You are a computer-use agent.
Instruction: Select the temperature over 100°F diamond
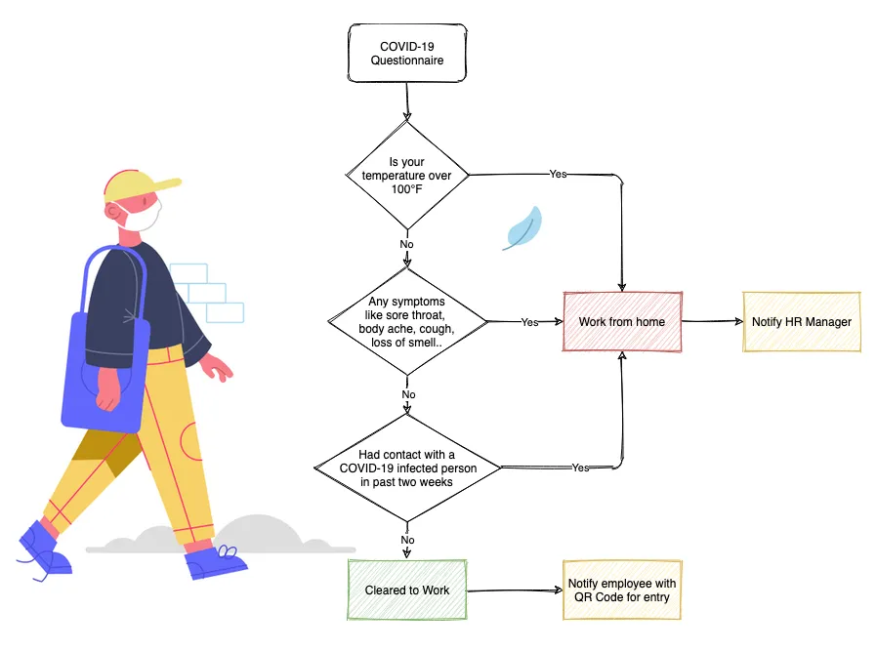(x=407, y=175)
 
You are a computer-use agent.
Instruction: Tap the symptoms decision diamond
(x=408, y=322)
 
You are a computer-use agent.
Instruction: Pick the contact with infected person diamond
(x=407, y=467)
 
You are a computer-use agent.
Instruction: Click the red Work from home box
(x=621, y=322)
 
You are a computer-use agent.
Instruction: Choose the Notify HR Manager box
(x=801, y=322)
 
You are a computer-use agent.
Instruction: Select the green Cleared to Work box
(x=407, y=590)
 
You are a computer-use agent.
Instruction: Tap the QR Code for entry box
(x=621, y=590)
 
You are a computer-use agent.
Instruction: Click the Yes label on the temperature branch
(x=558, y=174)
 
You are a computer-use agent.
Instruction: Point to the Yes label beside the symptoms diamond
(x=529, y=322)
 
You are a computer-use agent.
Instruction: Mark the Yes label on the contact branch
(x=580, y=468)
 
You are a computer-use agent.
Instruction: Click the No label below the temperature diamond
(x=407, y=243)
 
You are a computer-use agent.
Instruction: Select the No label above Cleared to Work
(x=407, y=540)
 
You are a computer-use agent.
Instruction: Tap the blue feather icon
(x=522, y=228)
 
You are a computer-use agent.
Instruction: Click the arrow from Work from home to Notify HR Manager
(x=710, y=321)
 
